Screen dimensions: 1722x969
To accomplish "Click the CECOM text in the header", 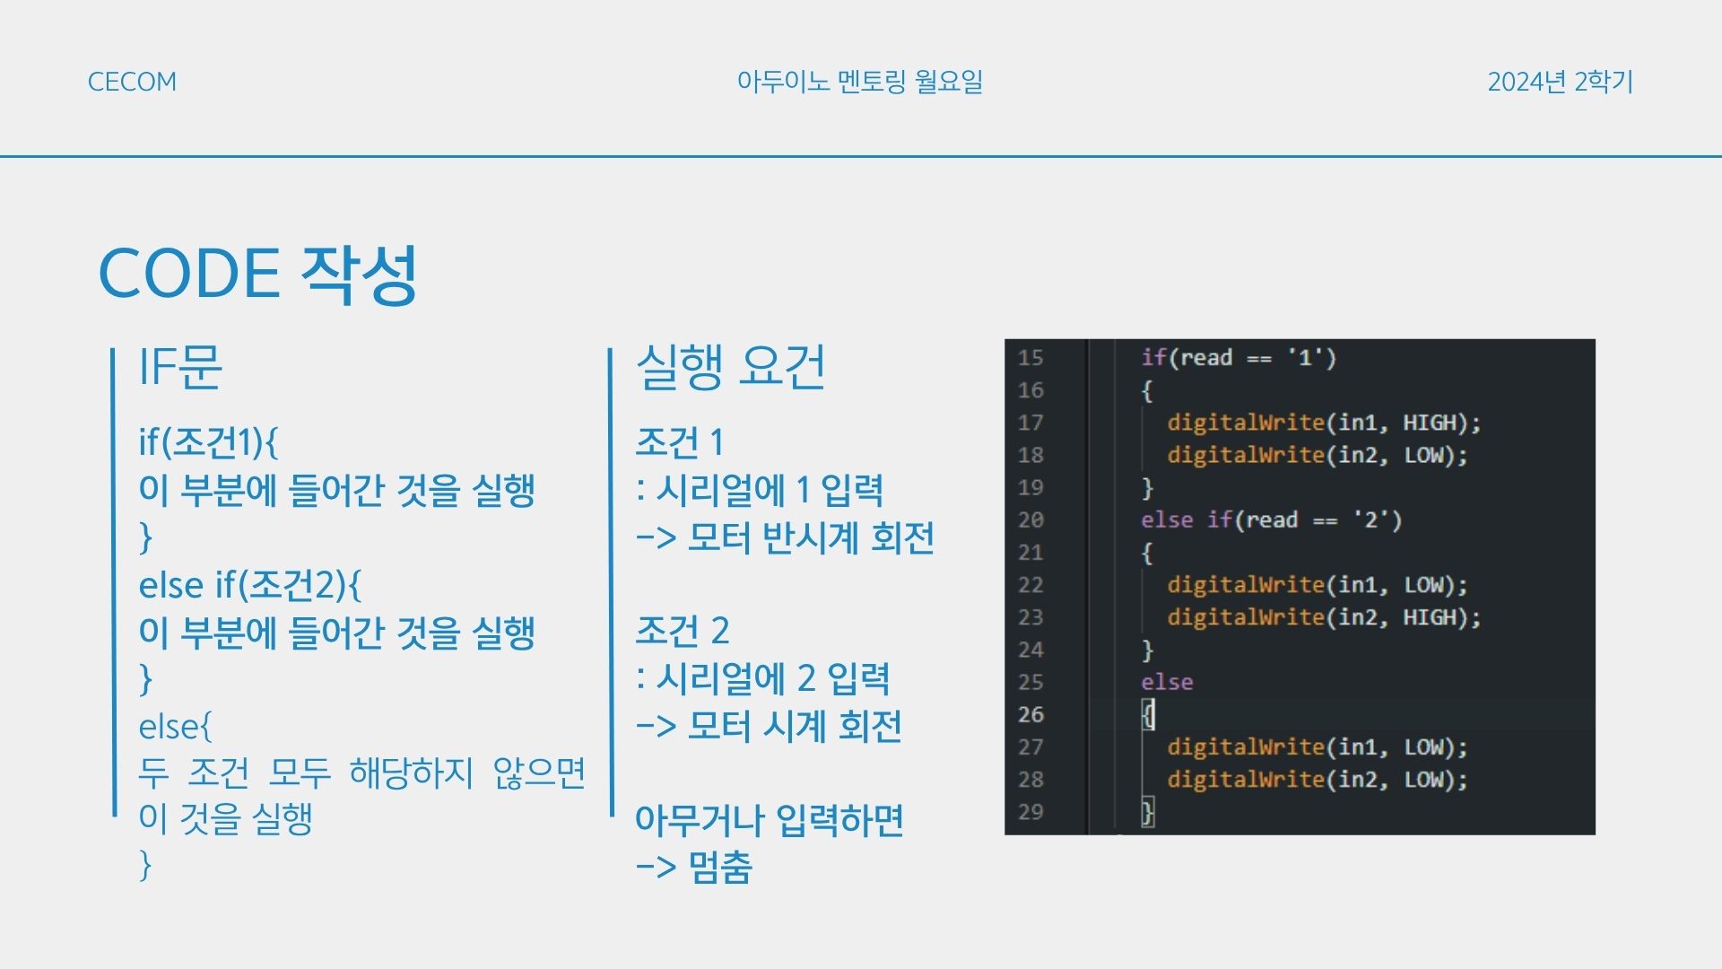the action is coord(132,82).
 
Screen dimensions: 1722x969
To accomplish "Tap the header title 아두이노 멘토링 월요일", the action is coord(860,82).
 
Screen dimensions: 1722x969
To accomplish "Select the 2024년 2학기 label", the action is coord(1561,82).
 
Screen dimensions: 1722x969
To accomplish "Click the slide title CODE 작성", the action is coord(258,274).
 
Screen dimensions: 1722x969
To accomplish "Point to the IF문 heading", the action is coord(180,367).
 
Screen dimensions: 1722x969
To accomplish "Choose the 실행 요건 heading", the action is coord(730,367).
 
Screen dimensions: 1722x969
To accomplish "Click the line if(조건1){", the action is coord(209,442).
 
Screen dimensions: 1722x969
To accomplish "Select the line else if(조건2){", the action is coord(250,585).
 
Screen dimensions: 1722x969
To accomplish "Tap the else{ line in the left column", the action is coord(176,727).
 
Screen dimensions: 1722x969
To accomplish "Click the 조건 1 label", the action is coord(680,442).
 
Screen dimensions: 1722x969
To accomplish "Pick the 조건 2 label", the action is coord(683,631).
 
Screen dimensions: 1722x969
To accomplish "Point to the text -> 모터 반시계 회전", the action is coord(785,538).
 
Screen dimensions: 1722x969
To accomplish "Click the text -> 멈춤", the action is coord(693,868).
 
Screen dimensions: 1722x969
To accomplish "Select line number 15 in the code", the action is coord(1031,358).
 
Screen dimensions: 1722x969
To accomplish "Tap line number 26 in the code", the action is coord(1031,715).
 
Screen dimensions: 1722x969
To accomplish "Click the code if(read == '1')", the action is coord(1239,358).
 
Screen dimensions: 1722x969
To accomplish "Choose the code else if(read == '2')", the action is coord(1271,520).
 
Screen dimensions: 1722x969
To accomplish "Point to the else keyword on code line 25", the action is coord(1167,683).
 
